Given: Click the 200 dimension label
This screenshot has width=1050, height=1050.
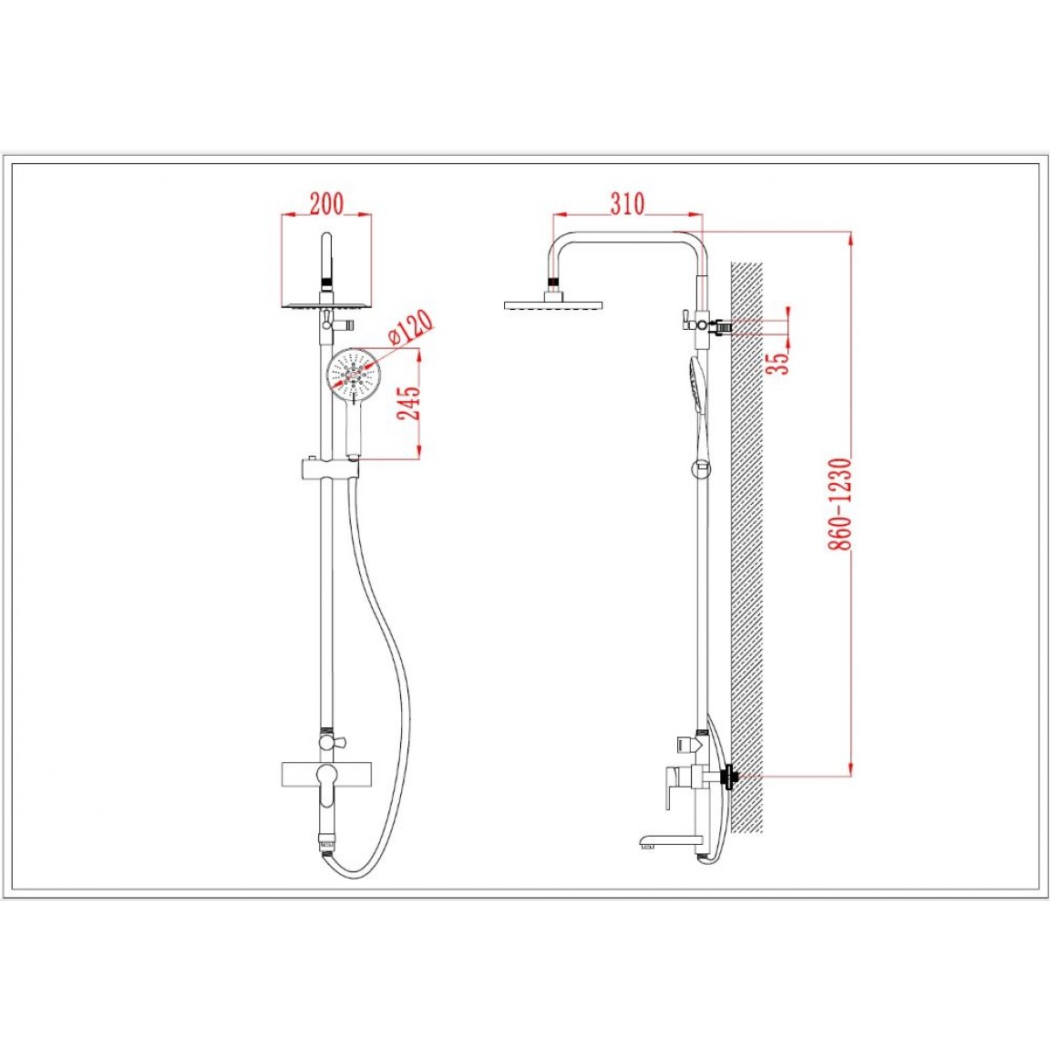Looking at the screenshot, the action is [x=326, y=203].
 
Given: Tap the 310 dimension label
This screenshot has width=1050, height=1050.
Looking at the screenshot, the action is [x=627, y=203].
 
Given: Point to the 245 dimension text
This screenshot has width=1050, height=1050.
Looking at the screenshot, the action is [x=409, y=403].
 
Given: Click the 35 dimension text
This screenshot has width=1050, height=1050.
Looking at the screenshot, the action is [x=778, y=362].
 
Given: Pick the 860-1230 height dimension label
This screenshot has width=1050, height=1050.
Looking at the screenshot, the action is [x=839, y=504].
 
